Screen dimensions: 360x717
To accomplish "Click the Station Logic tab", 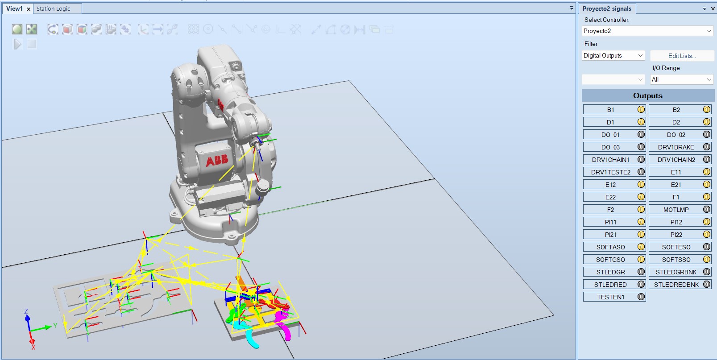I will (53, 8).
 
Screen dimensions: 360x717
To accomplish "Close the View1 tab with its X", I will (29, 9).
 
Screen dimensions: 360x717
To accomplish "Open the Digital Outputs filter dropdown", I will (613, 56).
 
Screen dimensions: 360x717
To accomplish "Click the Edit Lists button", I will (681, 56).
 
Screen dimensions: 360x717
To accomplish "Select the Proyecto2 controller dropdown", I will (647, 31).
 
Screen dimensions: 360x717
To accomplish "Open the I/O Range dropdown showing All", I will (681, 79).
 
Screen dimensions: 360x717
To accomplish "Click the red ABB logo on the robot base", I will (217, 160).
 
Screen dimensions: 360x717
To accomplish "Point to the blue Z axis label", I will (26, 311).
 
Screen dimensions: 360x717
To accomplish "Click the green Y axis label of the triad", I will (55, 325).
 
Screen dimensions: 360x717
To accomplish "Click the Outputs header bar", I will (647, 95).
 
